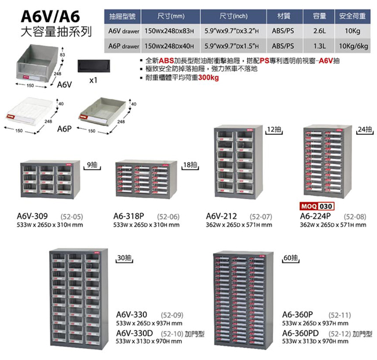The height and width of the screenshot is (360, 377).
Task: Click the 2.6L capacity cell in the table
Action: [320, 31]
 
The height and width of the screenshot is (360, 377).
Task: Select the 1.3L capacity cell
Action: [320, 46]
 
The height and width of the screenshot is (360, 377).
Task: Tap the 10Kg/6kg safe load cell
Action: [353, 46]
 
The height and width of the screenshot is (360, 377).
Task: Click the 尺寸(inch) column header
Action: [234, 16]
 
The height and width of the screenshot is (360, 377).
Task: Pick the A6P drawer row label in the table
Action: [124, 46]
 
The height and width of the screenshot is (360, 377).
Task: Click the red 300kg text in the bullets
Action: [208, 77]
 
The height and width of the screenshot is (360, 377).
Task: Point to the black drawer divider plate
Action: [94, 66]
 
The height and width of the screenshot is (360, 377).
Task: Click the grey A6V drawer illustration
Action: [37, 63]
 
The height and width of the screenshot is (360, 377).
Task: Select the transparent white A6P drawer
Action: [28, 111]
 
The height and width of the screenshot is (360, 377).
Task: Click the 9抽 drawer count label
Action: [92, 165]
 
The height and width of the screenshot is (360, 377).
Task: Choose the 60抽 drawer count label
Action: [291, 258]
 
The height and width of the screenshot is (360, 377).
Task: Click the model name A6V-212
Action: [221, 216]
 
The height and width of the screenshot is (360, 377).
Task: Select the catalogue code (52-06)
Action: [168, 217]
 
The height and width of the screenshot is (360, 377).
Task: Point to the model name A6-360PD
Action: [300, 333]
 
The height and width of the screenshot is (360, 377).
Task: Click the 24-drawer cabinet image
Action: [328, 161]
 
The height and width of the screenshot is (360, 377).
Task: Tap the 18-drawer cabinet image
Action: [146, 179]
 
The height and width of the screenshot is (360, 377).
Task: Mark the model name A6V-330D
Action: [135, 333]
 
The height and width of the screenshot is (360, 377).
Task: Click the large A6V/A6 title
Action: [50, 16]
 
